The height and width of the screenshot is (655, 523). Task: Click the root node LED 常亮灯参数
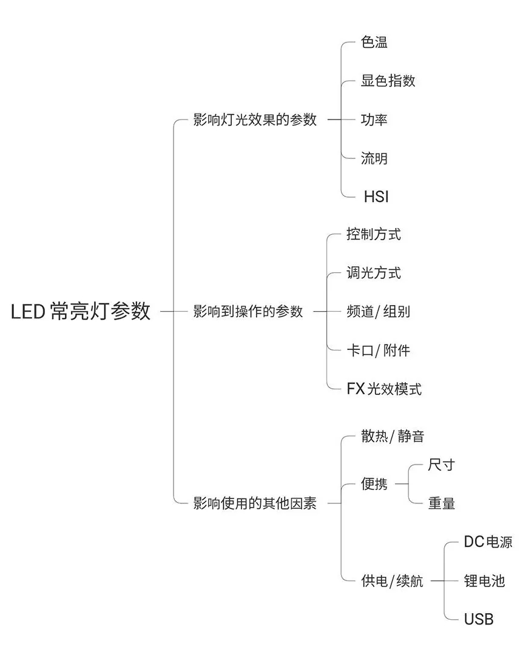(x=81, y=312)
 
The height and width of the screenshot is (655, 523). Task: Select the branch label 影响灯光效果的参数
(x=255, y=119)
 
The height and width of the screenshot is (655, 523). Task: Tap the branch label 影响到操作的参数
(x=248, y=312)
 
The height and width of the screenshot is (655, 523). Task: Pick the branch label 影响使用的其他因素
(x=255, y=503)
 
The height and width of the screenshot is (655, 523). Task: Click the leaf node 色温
(x=374, y=42)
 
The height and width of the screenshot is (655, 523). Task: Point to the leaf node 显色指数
(x=388, y=81)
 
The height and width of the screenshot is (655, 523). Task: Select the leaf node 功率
(x=374, y=119)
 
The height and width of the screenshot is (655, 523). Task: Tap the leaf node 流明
(x=374, y=158)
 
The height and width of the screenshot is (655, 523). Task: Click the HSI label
(x=376, y=197)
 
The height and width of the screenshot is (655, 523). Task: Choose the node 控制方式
(x=374, y=235)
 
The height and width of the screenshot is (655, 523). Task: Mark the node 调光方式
(x=374, y=273)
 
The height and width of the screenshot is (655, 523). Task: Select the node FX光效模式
(x=384, y=389)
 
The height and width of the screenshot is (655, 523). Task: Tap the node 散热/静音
(x=393, y=437)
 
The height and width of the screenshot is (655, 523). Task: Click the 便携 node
(x=374, y=484)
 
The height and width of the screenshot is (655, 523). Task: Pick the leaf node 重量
(x=441, y=503)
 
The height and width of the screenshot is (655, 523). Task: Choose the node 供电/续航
(x=392, y=581)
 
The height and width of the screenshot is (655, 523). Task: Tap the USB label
(x=479, y=619)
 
